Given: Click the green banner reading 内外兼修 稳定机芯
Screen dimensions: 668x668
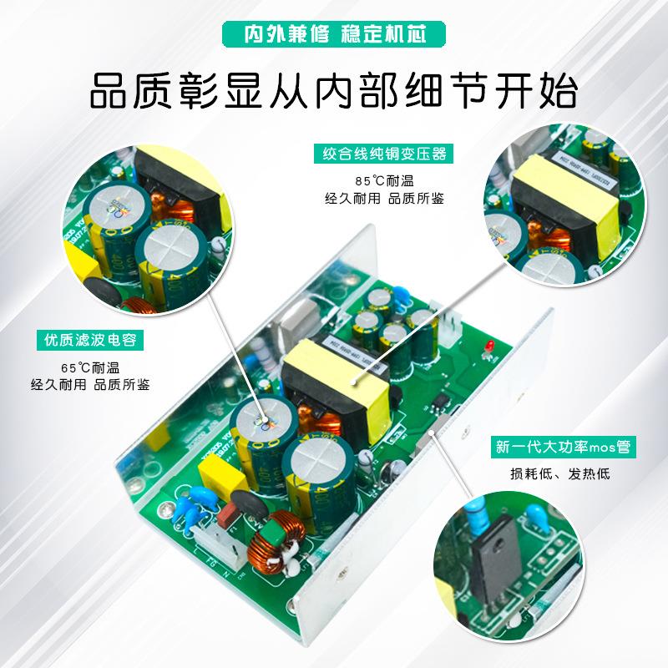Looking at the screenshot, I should click(x=333, y=34).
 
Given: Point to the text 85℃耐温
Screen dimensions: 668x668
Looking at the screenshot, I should click(x=385, y=180).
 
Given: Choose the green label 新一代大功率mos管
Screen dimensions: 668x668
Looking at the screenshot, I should click(x=564, y=448).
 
